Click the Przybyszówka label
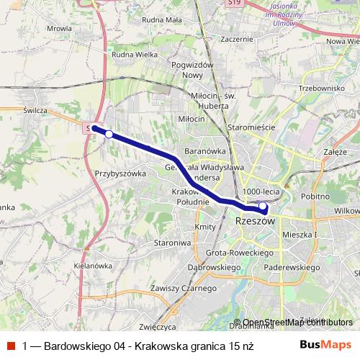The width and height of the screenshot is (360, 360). point(120,174)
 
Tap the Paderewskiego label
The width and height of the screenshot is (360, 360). point(293,267)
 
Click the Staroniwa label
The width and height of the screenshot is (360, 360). point(172,243)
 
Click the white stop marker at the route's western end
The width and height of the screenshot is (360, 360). point(109,133)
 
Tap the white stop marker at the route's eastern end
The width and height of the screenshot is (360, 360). point(263,207)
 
